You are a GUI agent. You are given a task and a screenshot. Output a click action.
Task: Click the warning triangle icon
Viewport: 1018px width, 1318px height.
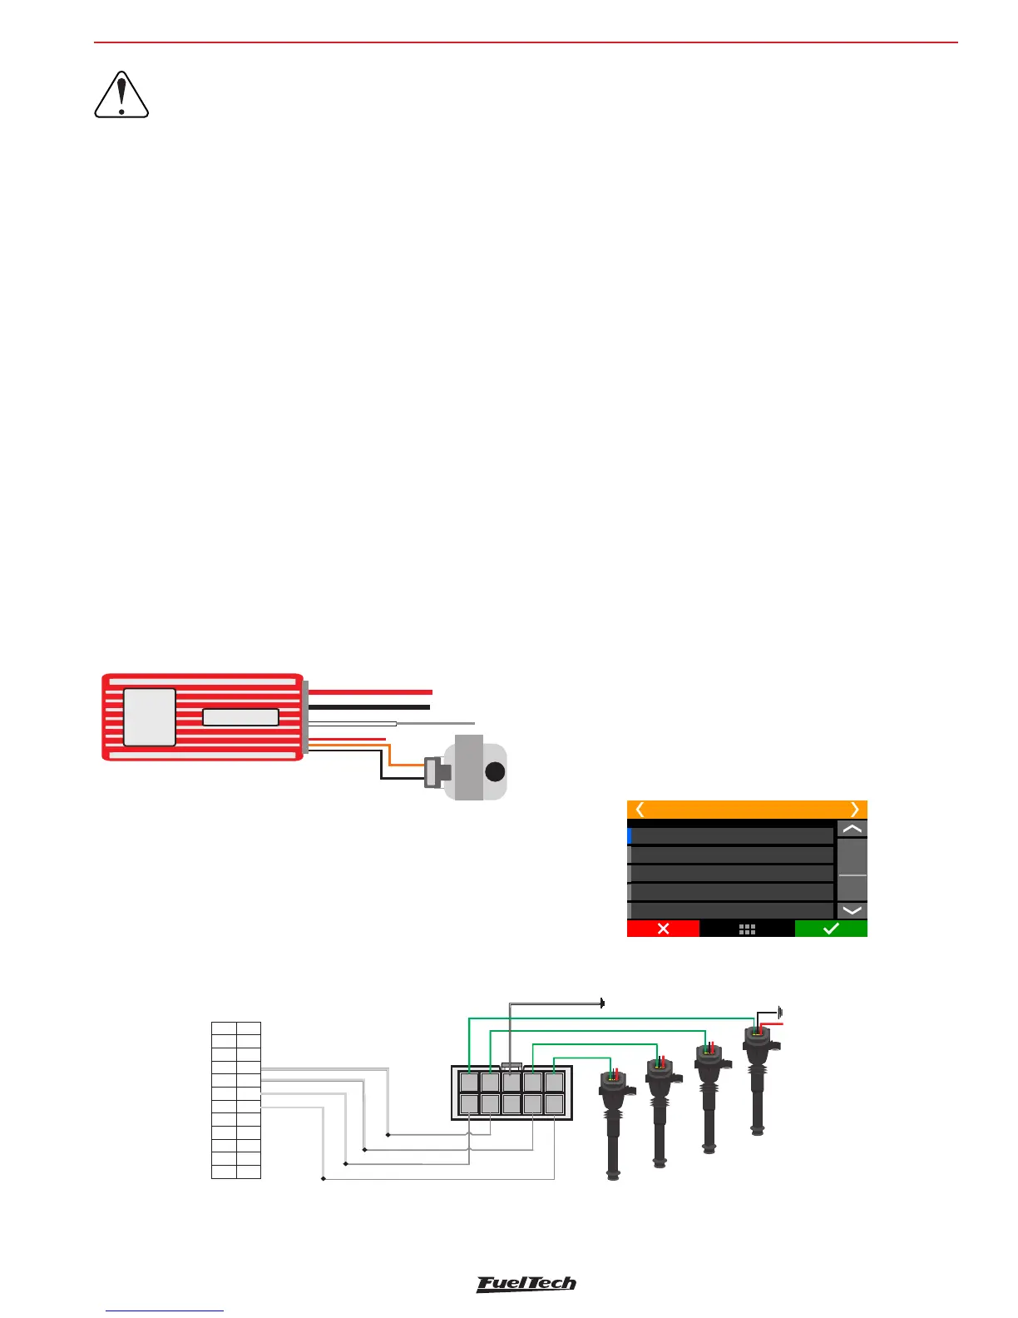pyautogui.click(x=121, y=96)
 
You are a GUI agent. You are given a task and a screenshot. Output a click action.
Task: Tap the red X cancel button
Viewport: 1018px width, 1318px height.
pyautogui.click(x=663, y=929)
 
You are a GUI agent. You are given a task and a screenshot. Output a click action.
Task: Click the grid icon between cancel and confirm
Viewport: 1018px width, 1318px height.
pyautogui.click(x=747, y=929)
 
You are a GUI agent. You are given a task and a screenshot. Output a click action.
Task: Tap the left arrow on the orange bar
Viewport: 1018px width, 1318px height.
pyautogui.click(x=640, y=810)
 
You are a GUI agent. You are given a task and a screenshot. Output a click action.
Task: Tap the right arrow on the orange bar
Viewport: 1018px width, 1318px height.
pyautogui.click(x=854, y=810)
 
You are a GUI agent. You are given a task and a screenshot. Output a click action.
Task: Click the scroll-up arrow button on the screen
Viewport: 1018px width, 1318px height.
pyautogui.click(x=852, y=829)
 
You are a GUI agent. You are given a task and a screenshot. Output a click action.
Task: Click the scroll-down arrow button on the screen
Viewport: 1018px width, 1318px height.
pyautogui.click(x=852, y=910)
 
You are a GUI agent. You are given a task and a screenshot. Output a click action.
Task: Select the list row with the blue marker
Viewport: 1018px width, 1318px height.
pyautogui.click(x=732, y=835)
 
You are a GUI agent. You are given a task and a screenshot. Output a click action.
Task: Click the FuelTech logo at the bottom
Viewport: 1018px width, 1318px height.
pyautogui.click(x=526, y=1284)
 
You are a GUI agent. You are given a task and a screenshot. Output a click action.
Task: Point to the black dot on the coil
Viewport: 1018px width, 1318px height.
pyautogui.click(x=495, y=771)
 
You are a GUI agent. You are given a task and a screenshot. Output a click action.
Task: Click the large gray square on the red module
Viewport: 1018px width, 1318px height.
pyautogui.click(x=150, y=716)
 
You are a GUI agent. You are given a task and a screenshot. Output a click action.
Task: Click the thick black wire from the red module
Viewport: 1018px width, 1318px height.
pyautogui.click(x=369, y=707)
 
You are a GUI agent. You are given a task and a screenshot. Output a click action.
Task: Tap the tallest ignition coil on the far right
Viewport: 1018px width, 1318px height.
pyautogui.click(x=757, y=1082)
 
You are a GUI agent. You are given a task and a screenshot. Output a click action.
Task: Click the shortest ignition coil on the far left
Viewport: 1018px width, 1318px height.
pyautogui.click(x=613, y=1123)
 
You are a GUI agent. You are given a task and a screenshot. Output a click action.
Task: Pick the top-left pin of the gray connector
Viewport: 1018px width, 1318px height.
pyautogui.click(x=470, y=1083)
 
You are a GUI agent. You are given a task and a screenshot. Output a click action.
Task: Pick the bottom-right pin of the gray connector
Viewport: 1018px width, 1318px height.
pyautogui.click(x=554, y=1104)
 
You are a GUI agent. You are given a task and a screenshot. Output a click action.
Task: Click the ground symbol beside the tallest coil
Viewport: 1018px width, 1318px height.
pyautogui.click(x=780, y=1013)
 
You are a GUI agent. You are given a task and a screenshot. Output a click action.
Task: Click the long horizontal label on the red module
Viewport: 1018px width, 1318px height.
pyautogui.click(x=240, y=717)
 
